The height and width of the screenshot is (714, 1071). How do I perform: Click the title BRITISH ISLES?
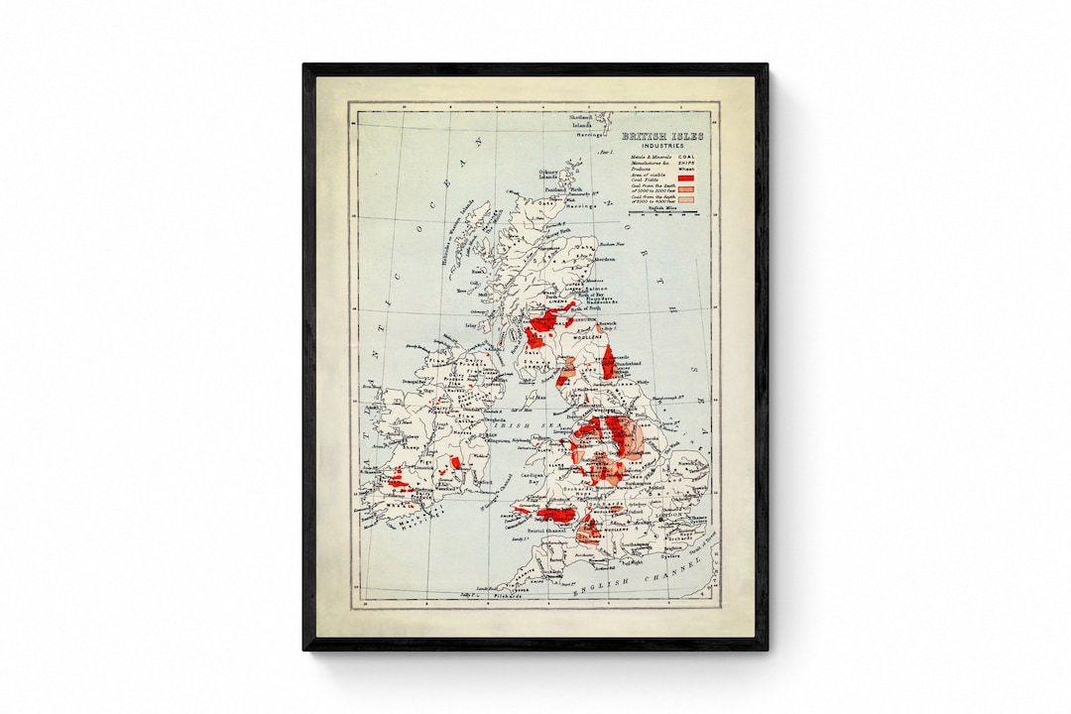pyautogui.click(x=662, y=136)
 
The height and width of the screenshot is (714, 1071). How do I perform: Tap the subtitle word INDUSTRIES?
pyautogui.click(x=662, y=146)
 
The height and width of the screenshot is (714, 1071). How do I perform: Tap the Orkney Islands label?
pyautogui.click(x=549, y=176)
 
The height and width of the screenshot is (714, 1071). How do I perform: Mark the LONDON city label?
pyautogui.click(x=666, y=516)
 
